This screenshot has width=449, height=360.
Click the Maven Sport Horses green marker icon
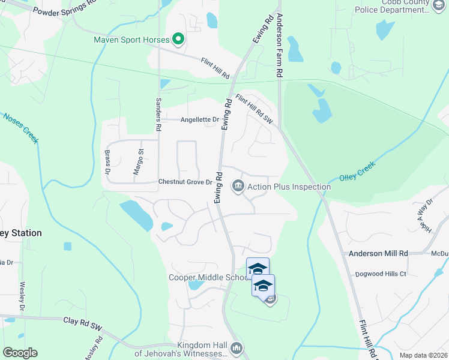coord(178,40)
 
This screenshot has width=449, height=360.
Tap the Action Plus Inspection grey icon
coord(238,187)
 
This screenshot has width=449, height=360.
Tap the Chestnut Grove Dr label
coord(185,181)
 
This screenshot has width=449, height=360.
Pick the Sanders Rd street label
coord(158,114)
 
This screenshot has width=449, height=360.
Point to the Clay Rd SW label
coord(82,323)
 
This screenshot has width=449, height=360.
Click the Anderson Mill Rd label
coord(378,254)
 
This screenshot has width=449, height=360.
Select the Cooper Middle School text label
coord(208,277)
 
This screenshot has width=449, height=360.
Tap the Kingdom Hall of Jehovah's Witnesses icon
coord(237,347)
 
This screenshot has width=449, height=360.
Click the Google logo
coord(20,353)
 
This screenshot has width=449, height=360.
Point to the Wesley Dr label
coord(22,296)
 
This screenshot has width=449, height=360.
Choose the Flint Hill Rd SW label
coord(254,109)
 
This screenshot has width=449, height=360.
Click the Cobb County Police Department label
coord(400,7)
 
